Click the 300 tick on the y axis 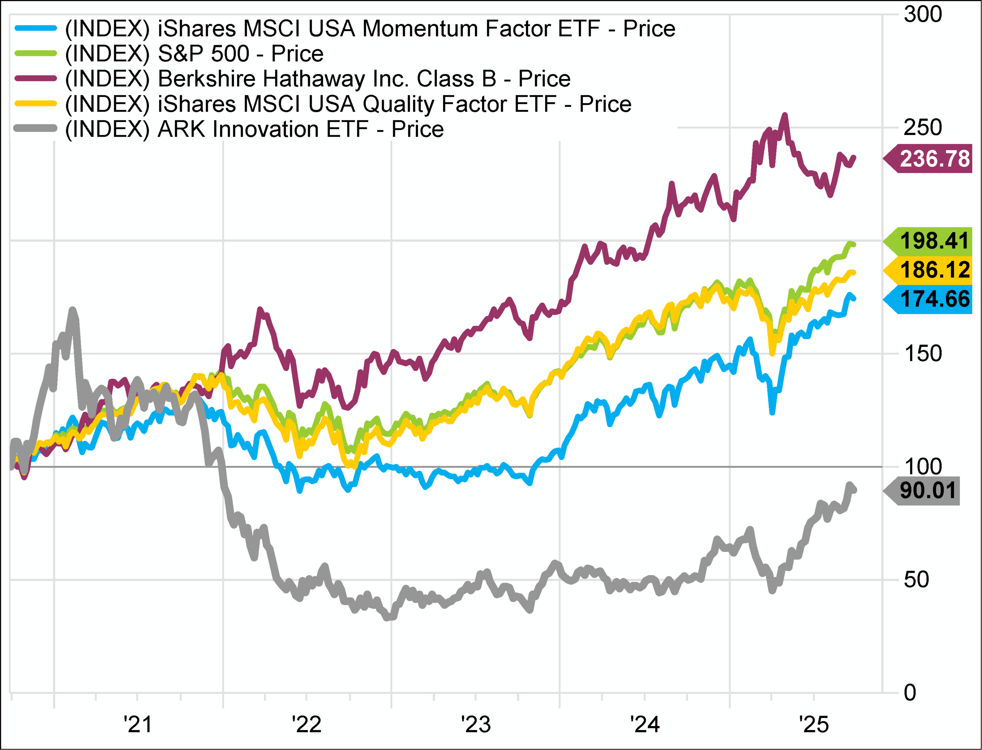tap(923, 14)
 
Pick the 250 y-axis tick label tap(923, 128)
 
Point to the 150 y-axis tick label tap(923, 354)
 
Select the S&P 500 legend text tap(194, 54)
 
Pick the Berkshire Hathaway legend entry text tap(317, 79)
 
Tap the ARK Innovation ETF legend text tap(255, 129)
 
